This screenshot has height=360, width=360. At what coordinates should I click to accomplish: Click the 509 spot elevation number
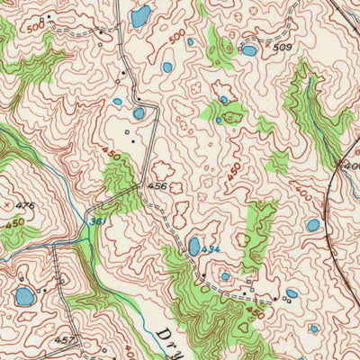tap(283, 47)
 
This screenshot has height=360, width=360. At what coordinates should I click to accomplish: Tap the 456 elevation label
tap(157, 186)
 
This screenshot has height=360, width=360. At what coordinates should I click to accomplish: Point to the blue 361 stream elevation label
tap(96, 221)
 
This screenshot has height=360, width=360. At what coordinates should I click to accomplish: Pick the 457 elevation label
tap(62, 341)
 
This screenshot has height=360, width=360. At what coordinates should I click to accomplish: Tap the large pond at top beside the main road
tap(140, 16)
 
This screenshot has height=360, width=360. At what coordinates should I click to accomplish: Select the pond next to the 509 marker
tap(249, 50)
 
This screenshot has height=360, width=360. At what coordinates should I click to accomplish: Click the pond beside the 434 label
tap(194, 246)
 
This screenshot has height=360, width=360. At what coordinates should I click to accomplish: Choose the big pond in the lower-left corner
tap(25, 296)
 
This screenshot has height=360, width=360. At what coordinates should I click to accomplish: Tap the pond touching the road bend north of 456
tap(139, 113)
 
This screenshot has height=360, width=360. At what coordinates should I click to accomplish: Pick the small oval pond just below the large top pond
tap(167, 67)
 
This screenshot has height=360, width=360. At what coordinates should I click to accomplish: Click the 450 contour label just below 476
tap(15, 221)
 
